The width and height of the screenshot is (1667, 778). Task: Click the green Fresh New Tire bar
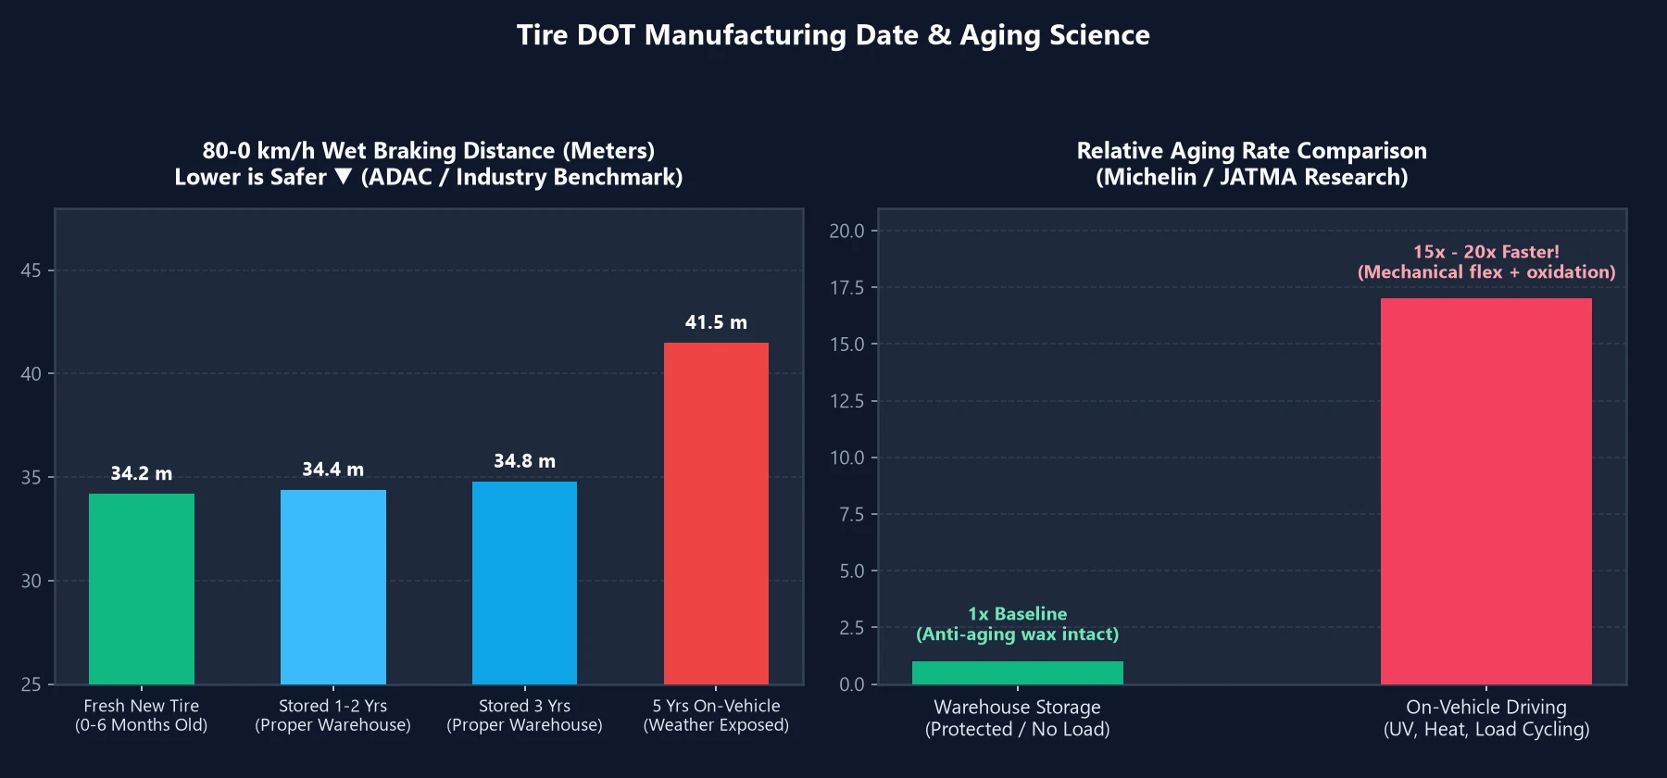[142, 589]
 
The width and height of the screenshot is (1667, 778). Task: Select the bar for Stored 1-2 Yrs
[333, 587]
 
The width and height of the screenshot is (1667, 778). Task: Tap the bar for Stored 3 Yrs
[524, 583]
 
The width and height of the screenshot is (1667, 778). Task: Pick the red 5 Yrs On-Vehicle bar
[716, 513]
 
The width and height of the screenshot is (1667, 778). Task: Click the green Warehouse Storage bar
[1018, 672]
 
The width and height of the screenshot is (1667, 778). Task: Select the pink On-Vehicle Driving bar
[1486, 491]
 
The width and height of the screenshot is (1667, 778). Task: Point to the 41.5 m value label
[716, 322]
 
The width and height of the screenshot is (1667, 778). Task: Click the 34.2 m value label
[142, 473]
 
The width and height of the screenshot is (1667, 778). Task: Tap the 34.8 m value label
[524, 461]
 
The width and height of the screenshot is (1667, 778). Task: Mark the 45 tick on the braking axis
[31, 270]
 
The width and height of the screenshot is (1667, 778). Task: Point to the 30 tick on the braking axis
[31, 581]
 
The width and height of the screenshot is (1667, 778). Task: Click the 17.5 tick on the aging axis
[846, 288]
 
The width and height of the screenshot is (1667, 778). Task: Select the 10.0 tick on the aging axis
[846, 458]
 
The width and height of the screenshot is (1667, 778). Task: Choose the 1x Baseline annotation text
[1018, 614]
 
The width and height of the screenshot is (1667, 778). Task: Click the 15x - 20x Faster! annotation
[1486, 252]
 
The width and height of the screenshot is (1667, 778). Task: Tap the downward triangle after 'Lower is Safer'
[344, 176]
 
